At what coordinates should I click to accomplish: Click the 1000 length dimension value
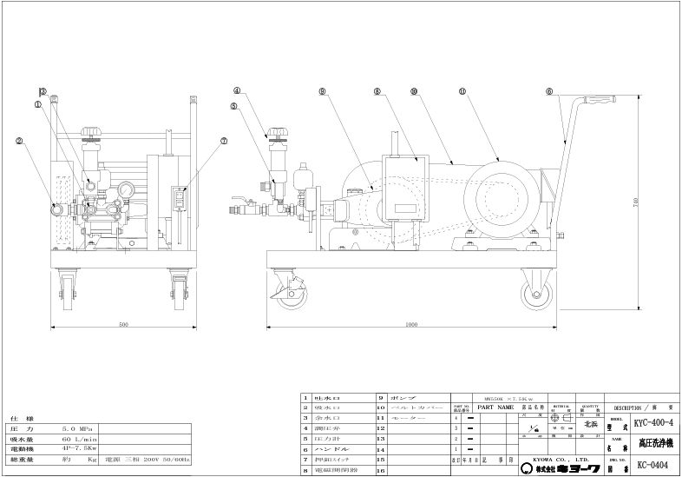click(410, 324)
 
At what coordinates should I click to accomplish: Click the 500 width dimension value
click(124, 324)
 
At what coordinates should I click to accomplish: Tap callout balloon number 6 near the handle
click(548, 90)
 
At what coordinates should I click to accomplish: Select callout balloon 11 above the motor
click(462, 90)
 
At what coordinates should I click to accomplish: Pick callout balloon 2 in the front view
click(19, 140)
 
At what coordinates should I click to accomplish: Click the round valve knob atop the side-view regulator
click(279, 134)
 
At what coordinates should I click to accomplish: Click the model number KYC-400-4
click(652, 423)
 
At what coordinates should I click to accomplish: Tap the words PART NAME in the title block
click(495, 406)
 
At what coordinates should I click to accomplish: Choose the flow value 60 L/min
click(78, 441)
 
